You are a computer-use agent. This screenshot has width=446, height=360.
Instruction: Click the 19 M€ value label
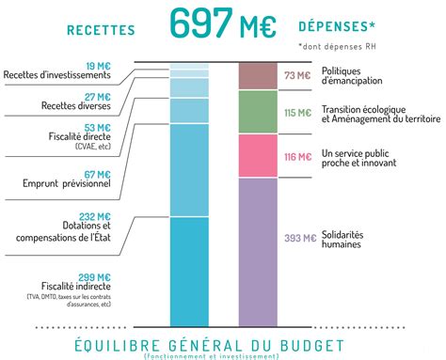97,65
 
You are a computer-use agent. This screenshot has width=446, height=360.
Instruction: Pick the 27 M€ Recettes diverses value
97,97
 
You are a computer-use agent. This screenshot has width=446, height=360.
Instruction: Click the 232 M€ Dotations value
95,215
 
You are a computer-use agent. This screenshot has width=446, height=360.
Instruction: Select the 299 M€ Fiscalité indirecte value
95,277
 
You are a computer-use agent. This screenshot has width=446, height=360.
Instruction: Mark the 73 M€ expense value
297,75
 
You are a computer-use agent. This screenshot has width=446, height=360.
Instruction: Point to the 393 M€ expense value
298,238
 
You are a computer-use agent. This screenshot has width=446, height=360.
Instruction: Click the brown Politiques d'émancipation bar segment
257,76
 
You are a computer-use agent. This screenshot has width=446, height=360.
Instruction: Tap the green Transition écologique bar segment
257,112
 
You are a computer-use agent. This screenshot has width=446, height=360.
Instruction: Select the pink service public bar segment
257,156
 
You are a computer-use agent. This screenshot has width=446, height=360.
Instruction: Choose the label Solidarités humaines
342,239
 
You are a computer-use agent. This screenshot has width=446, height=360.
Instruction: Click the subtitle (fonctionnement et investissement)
223,355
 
